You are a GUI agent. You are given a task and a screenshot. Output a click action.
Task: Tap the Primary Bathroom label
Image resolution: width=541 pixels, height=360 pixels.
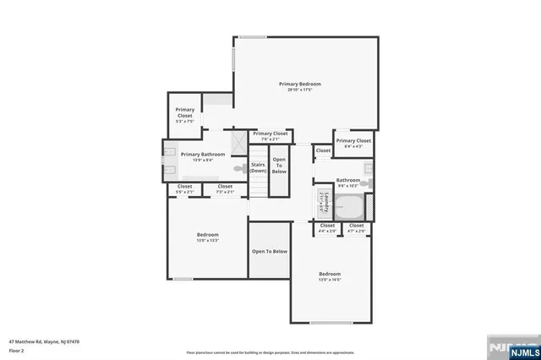point(203,155)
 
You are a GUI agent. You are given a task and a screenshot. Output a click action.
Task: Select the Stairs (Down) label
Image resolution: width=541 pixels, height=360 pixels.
point(258,168)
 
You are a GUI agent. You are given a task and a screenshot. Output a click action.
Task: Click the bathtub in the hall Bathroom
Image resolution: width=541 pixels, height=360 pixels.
point(348,206)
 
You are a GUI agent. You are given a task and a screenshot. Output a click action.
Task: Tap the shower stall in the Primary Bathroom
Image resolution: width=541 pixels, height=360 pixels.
point(238,139)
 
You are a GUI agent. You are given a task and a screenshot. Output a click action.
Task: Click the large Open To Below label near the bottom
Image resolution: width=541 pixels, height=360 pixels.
point(270,251)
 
